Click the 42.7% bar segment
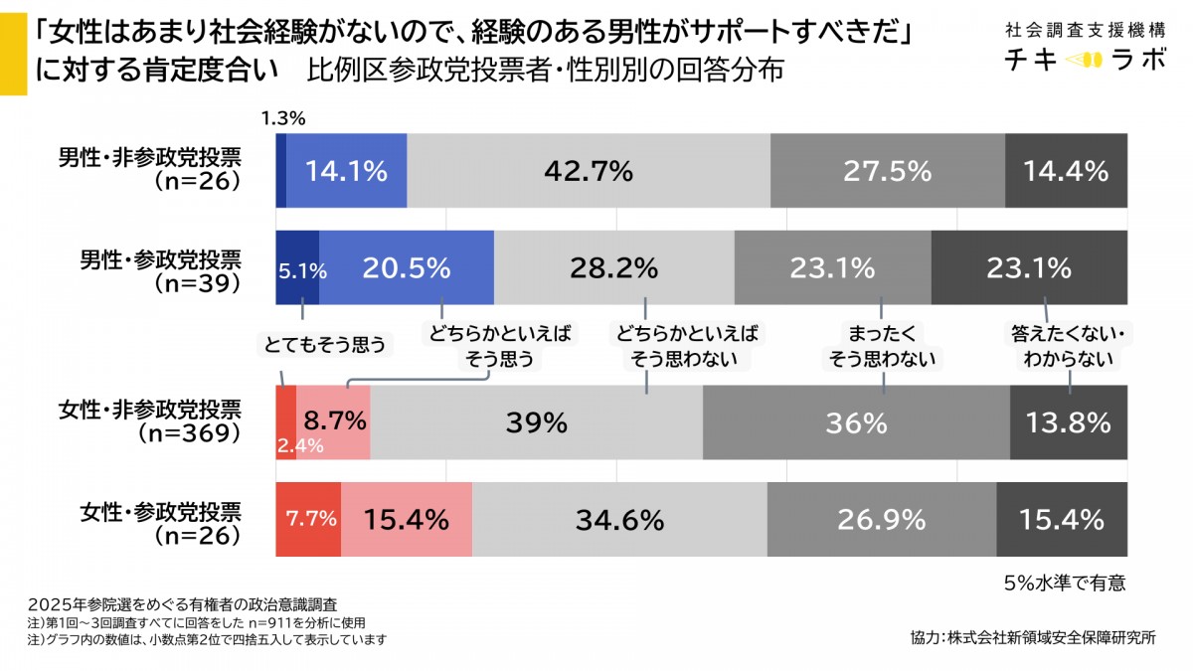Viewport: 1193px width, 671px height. click(589, 171)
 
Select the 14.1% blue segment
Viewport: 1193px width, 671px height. click(346, 171)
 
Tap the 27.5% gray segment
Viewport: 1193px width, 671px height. click(888, 171)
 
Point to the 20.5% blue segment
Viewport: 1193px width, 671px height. click(406, 267)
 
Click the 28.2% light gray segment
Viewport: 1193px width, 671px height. click(614, 267)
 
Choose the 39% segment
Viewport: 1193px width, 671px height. click(537, 422)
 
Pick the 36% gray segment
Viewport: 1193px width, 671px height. click(856, 422)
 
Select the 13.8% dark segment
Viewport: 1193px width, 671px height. click(1069, 422)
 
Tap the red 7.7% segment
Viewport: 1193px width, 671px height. click(309, 519)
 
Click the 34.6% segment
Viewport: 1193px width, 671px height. click(619, 519)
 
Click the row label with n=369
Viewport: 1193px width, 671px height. click(160, 421)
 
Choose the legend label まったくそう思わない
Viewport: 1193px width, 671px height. click(882, 346)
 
